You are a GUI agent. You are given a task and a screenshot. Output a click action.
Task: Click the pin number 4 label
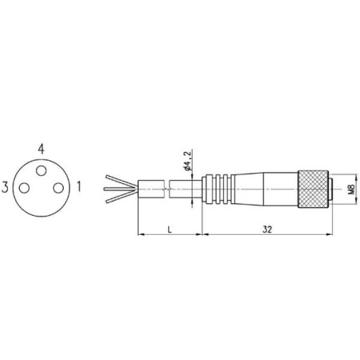pyautogui.click(x=41, y=149)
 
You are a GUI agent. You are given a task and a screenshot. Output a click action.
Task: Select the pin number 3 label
pyautogui.click(x=5, y=187)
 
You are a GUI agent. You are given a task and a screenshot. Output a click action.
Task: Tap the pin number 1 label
pyautogui.click(x=79, y=186)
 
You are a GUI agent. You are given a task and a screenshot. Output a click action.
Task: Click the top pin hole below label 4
pyautogui.click(x=41, y=170)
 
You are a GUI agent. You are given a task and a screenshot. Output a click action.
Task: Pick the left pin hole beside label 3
pyautogui.click(x=24, y=188)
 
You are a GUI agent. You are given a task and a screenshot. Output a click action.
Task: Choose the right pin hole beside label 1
pyautogui.click(x=58, y=188)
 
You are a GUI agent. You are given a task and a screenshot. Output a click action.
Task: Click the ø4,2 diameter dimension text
pyautogui.click(x=187, y=160)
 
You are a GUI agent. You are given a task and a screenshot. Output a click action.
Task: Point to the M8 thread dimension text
pyautogui.click(x=351, y=189)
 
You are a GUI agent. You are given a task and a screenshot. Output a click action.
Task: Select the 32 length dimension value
pyautogui.click(x=268, y=229)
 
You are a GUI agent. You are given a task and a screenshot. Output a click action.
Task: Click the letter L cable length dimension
pyautogui.click(x=170, y=229)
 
